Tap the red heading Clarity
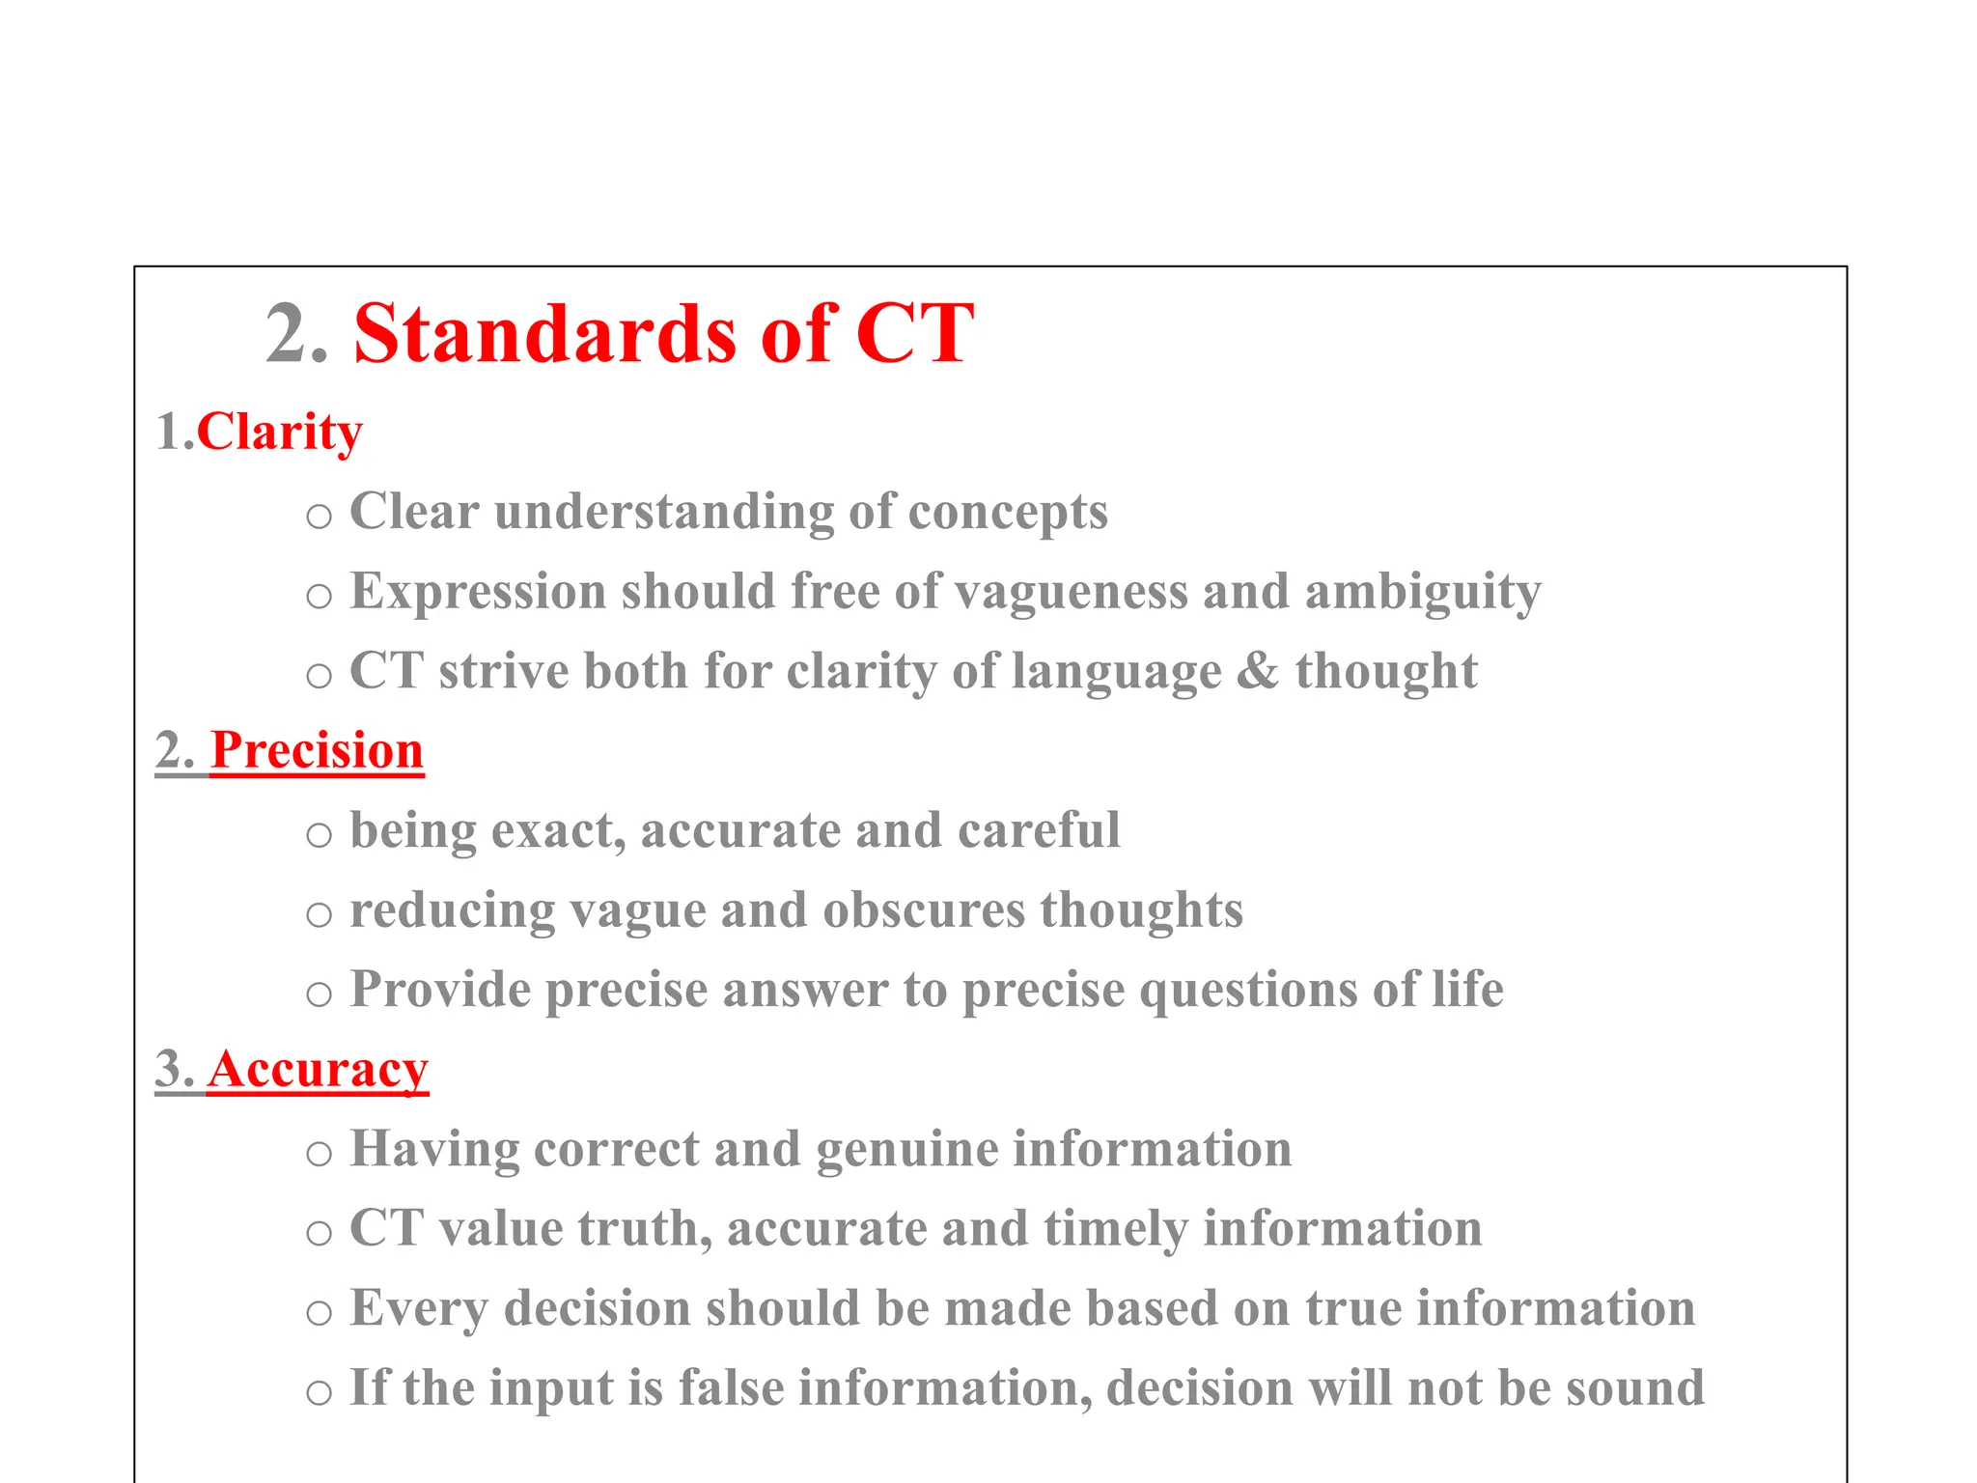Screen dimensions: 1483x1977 coord(280,432)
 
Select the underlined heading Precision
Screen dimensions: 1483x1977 coord(317,750)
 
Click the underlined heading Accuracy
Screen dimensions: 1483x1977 coord(318,1069)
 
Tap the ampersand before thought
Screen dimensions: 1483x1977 coord(1258,671)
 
